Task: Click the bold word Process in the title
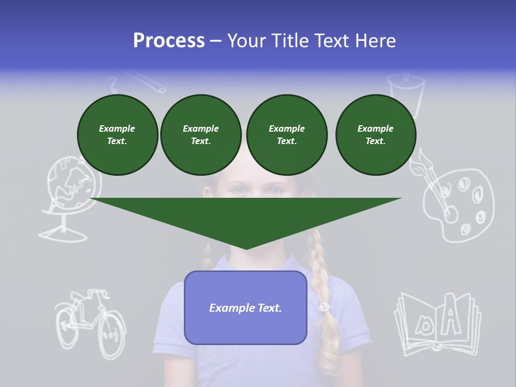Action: [169, 41]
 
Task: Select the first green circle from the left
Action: [117, 135]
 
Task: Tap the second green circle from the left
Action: [200, 135]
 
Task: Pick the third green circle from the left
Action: [286, 135]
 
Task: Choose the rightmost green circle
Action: [375, 135]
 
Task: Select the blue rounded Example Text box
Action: [246, 307]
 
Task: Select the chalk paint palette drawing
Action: [460, 204]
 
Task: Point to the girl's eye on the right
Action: [275, 191]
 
